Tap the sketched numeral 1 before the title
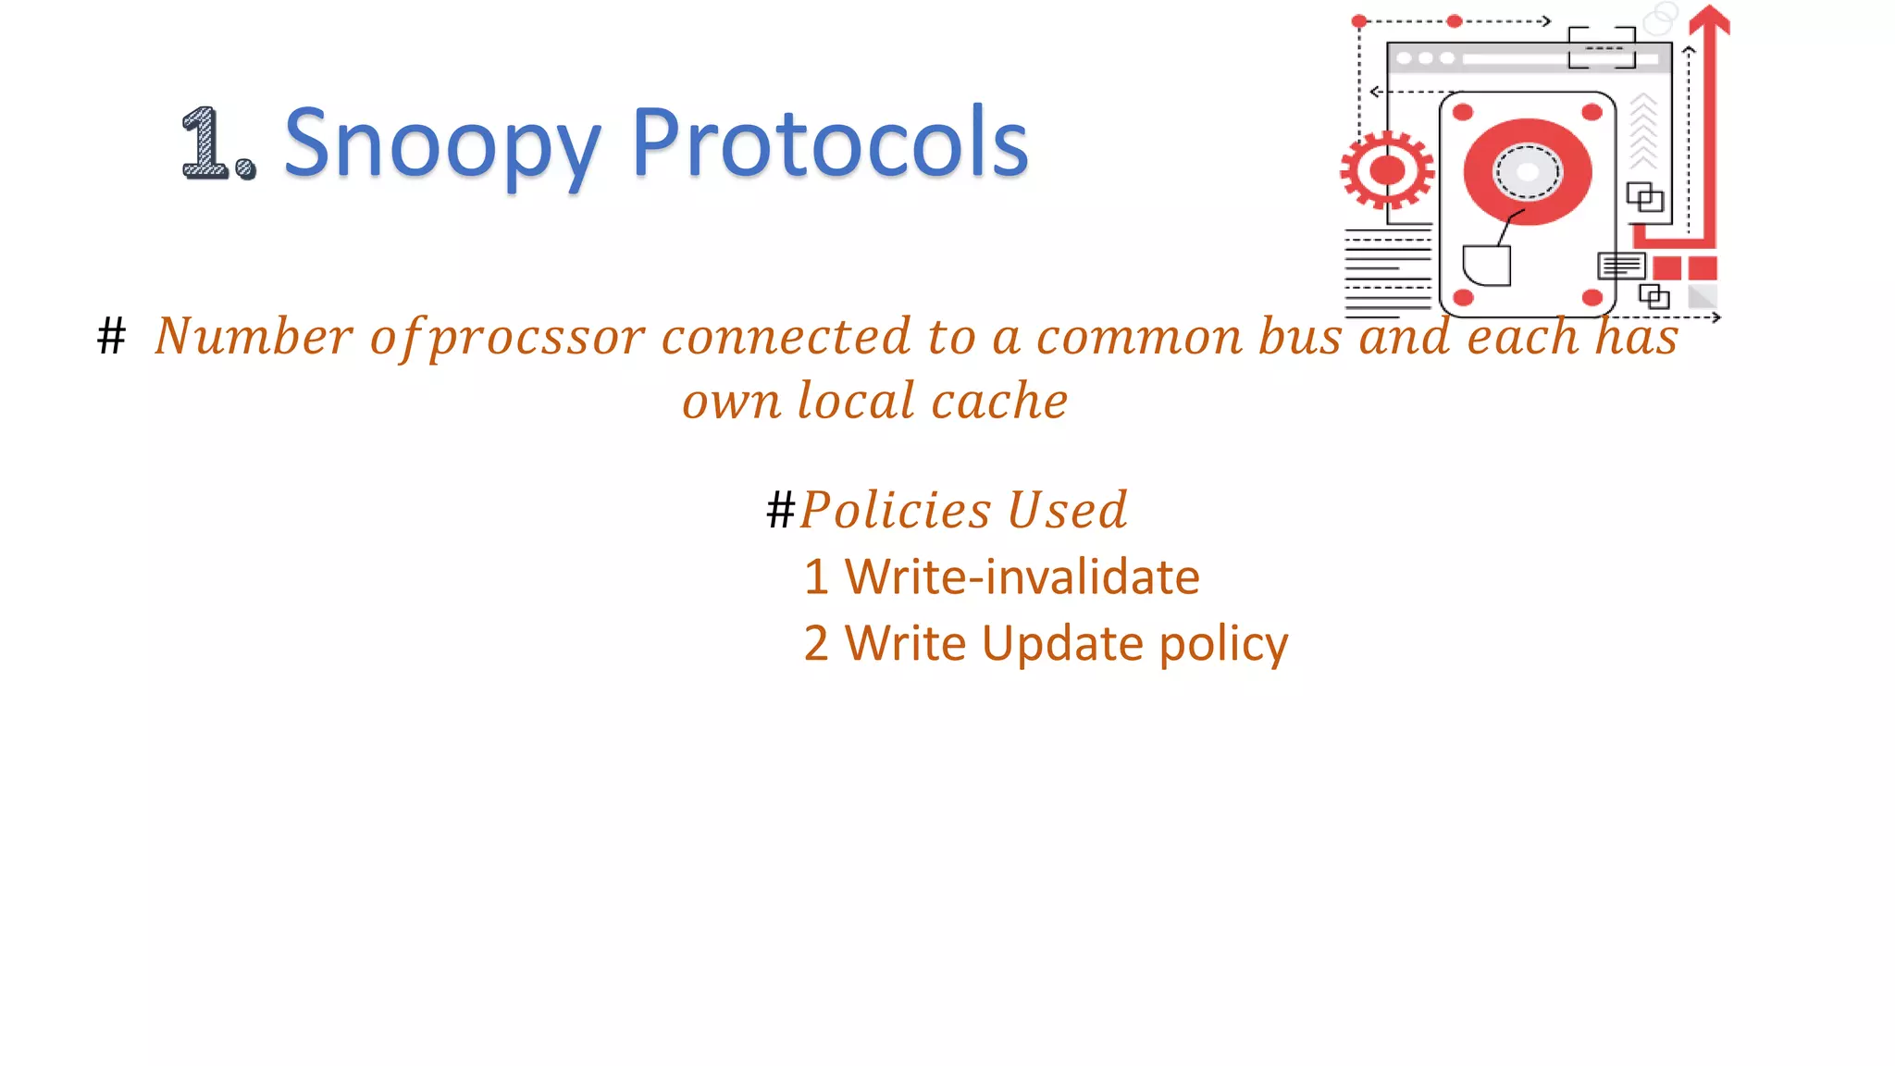pyautogui.click(x=205, y=143)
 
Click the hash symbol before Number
pyautogui.click(x=111, y=336)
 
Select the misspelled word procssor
pyautogui.click(x=538, y=338)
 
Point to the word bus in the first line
pyautogui.click(x=1299, y=336)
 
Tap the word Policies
pyautogui.click(x=896, y=511)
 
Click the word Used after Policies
pyautogui.click(x=1067, y=511)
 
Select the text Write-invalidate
pyautogui.click(x=1022, y=577)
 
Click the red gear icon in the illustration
pyautogui.click(x=1386, y=170)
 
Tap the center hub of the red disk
pyautogui.click(x=1527, y=172)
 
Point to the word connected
pyautogui.click(x=786, y=336)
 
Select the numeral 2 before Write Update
pyautogui.click(x=816, y=644)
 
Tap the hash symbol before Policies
pyautogui.click(x=780, y=511)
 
